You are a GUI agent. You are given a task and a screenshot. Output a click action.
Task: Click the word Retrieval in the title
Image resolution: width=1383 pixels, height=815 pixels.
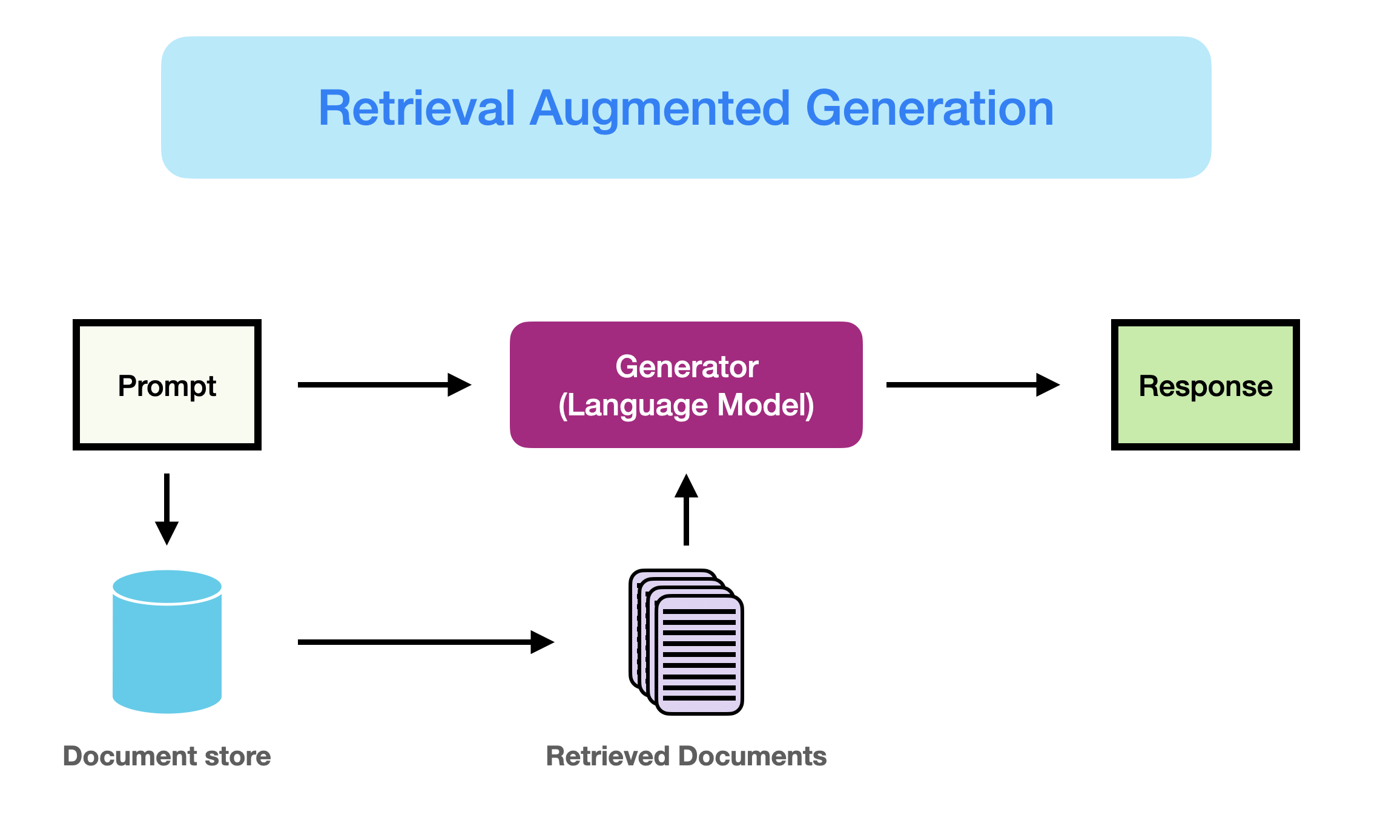pyautogui.click(x=417, y=108)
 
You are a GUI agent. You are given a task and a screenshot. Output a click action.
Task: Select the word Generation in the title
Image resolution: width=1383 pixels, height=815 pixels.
pyautogui.click(x=929, y=108)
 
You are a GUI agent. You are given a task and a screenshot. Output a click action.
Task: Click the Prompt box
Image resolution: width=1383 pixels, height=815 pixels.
pyautogui.click(x=167, y=385)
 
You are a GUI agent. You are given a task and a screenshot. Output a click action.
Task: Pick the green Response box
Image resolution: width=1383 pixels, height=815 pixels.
pyautogui.click(x=1205, y=385)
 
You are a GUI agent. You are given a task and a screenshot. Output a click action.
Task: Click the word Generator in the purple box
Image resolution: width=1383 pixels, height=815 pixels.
pyautogui.click(x=687, y=367)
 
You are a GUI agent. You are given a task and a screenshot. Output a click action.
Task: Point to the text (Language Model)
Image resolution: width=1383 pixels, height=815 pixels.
pyautogui.click(x=687, y=405)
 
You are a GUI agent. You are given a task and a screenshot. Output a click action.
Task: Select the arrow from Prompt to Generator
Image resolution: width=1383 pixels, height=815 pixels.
pyautogui.click(x=384, y=384)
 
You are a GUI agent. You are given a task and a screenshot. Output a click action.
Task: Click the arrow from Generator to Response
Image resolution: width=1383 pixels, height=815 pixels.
pyautogui.click(x=972, y=384)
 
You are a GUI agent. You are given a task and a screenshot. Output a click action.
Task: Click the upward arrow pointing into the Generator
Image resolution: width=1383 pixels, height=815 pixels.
pyautogui.click(x=686, y=510)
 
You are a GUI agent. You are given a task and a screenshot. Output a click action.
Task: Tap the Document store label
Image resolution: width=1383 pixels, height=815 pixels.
pyautogui.click(x=167, y=756)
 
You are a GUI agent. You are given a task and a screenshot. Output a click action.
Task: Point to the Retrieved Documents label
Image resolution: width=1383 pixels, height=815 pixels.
pyautogui.click(x=686, y=756)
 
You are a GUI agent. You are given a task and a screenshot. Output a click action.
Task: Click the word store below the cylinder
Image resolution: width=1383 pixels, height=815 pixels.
pyautogui.click(x=237, y=756)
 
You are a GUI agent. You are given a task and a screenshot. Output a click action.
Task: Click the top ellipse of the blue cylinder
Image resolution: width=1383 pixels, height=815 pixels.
pyautogui.click(x=167, y=586)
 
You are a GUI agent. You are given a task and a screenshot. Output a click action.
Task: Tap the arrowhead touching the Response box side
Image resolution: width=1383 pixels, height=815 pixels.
pyautogui.click(x=1048, y=384)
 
